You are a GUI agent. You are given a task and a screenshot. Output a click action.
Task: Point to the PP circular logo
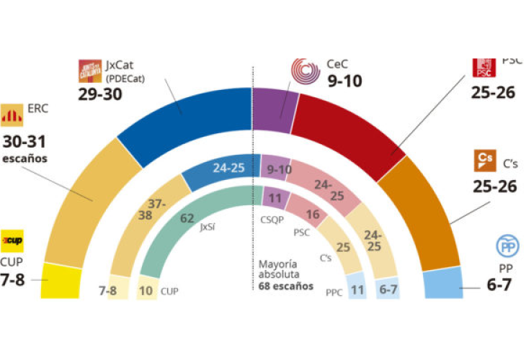pos(507,246)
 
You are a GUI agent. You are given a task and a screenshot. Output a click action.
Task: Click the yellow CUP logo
pos(12,239)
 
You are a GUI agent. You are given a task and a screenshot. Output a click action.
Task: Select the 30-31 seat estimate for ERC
pos(25,142)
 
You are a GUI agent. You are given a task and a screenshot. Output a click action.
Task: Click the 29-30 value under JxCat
pos(99,94)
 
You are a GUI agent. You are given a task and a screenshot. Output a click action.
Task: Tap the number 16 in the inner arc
pos(311,215)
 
